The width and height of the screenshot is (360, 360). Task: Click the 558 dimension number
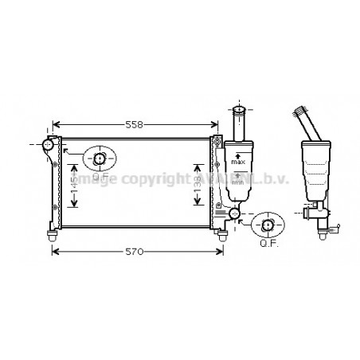click(x=135, y=126)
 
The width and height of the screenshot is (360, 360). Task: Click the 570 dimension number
click(x=134, y=252)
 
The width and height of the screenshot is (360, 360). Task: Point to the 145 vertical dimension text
click(x=75, y=185)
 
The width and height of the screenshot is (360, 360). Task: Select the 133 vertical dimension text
click(x=198, y=185)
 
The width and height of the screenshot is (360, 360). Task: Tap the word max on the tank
click(x=237, y=162)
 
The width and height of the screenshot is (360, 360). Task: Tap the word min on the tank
click(x=237, y=181)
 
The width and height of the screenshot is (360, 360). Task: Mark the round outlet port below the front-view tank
click(x=234, y=213)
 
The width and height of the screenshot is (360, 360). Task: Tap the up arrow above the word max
click(x=237, y=155)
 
